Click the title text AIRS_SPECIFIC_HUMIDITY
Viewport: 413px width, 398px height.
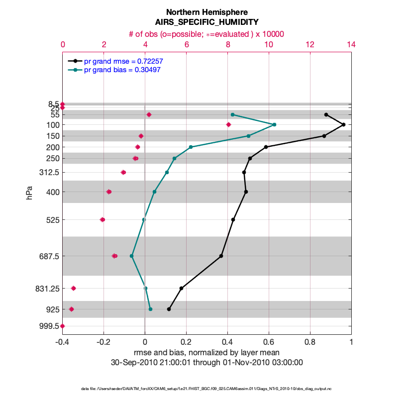pos(206,22)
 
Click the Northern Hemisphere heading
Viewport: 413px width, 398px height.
pos(206,11)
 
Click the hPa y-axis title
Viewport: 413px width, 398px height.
pos(30,193)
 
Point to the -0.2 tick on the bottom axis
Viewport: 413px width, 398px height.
pos(103,342)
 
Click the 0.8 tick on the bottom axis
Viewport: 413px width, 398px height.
pos(310,342)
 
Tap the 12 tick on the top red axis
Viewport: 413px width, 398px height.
pos(310,45)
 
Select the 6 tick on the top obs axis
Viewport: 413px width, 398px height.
pos(186,45)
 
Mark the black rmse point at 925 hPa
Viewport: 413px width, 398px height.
pos(169,309)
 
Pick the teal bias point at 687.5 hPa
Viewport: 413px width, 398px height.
pos(131,256)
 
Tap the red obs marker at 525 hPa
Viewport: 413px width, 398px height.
pos(103,219)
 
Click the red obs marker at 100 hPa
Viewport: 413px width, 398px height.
pos(228,124)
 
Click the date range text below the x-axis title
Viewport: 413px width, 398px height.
pos(206,363)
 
